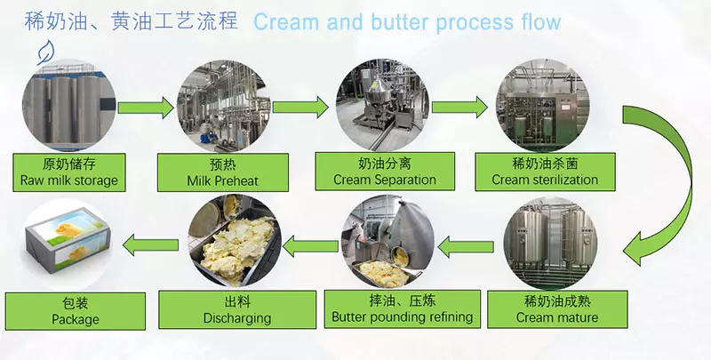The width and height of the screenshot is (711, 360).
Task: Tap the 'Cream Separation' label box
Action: pos(384,172)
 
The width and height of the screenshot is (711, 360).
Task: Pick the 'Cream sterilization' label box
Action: pos(545,172)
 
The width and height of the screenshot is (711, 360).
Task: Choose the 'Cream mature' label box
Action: pos(557,308)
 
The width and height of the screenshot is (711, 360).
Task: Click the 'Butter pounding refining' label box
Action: pos(402,308)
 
